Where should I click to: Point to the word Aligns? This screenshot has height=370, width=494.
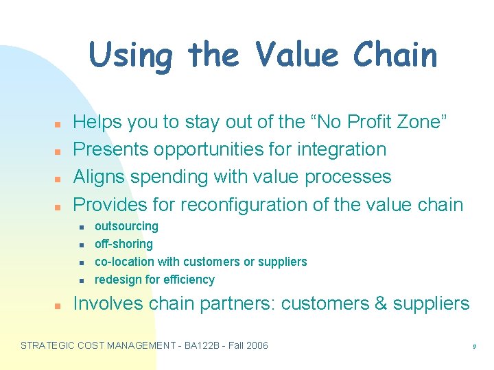click(x=99, y=177)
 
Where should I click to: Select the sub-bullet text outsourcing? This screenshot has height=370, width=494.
click(x=126, y=226)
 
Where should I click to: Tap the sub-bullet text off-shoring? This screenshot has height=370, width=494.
click(x=123, y=244)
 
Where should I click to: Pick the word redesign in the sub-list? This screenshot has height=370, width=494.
click(x=117, y=280)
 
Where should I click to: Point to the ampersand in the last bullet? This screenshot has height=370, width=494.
click(x=381, y=304)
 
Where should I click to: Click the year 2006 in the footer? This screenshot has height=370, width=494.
click(x=255, y=345)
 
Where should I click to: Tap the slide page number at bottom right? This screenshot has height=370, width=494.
click(x=474, y=347)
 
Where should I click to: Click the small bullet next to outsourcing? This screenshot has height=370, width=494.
click(x=81, y=227)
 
